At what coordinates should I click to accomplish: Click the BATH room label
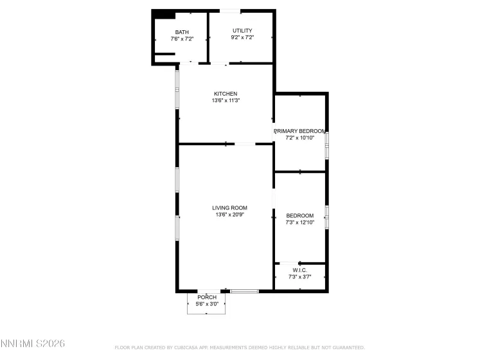click(182, 32)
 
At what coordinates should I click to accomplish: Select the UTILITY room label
click(242, 30)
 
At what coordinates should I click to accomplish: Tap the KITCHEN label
click(226, 93)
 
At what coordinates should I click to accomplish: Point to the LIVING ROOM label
click(230, 208)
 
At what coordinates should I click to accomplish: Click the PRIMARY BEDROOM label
click(300, 130)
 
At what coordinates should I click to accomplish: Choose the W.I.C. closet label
click(299, 270)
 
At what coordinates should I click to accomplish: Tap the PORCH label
click(207, 297)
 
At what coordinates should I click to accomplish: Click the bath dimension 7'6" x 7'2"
click(182, 39)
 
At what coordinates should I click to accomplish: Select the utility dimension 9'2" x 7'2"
click(242, 37)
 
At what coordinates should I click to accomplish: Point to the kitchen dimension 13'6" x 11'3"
click(226, 100)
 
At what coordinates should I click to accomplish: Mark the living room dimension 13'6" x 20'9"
click(230, 215)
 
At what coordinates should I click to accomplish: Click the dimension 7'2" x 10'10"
click(300, 138)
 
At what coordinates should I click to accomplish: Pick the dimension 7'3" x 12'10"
click(299, 222)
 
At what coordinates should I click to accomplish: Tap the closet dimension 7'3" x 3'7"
click(299, 276)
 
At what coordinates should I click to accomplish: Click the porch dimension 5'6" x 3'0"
click(207, 304)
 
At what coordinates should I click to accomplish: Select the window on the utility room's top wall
click(231, 11)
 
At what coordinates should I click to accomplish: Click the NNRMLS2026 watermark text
click(33, 345)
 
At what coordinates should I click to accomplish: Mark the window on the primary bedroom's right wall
click(326, 145)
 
